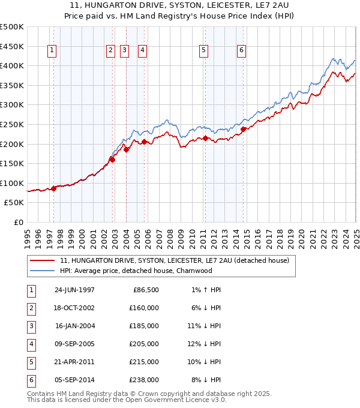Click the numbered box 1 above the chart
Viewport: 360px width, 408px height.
pos(53,51)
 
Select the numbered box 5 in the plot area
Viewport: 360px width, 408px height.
pos(204,51)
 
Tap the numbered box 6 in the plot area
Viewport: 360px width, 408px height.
pos(241,51)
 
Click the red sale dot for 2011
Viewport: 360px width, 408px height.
pos(205,138)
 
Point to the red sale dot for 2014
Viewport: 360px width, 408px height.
pos(243,129)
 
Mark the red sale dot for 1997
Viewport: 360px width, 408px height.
pos(53,188)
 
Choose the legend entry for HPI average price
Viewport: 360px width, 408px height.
pos(136,271)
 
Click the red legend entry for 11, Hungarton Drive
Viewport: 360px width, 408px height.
pos(175,260)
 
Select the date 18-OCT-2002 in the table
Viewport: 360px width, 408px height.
pos(74,308)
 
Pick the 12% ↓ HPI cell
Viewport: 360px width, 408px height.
pos(203,344)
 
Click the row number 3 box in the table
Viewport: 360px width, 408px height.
pos(31,326)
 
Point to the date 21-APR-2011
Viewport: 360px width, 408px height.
pos(74,362)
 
